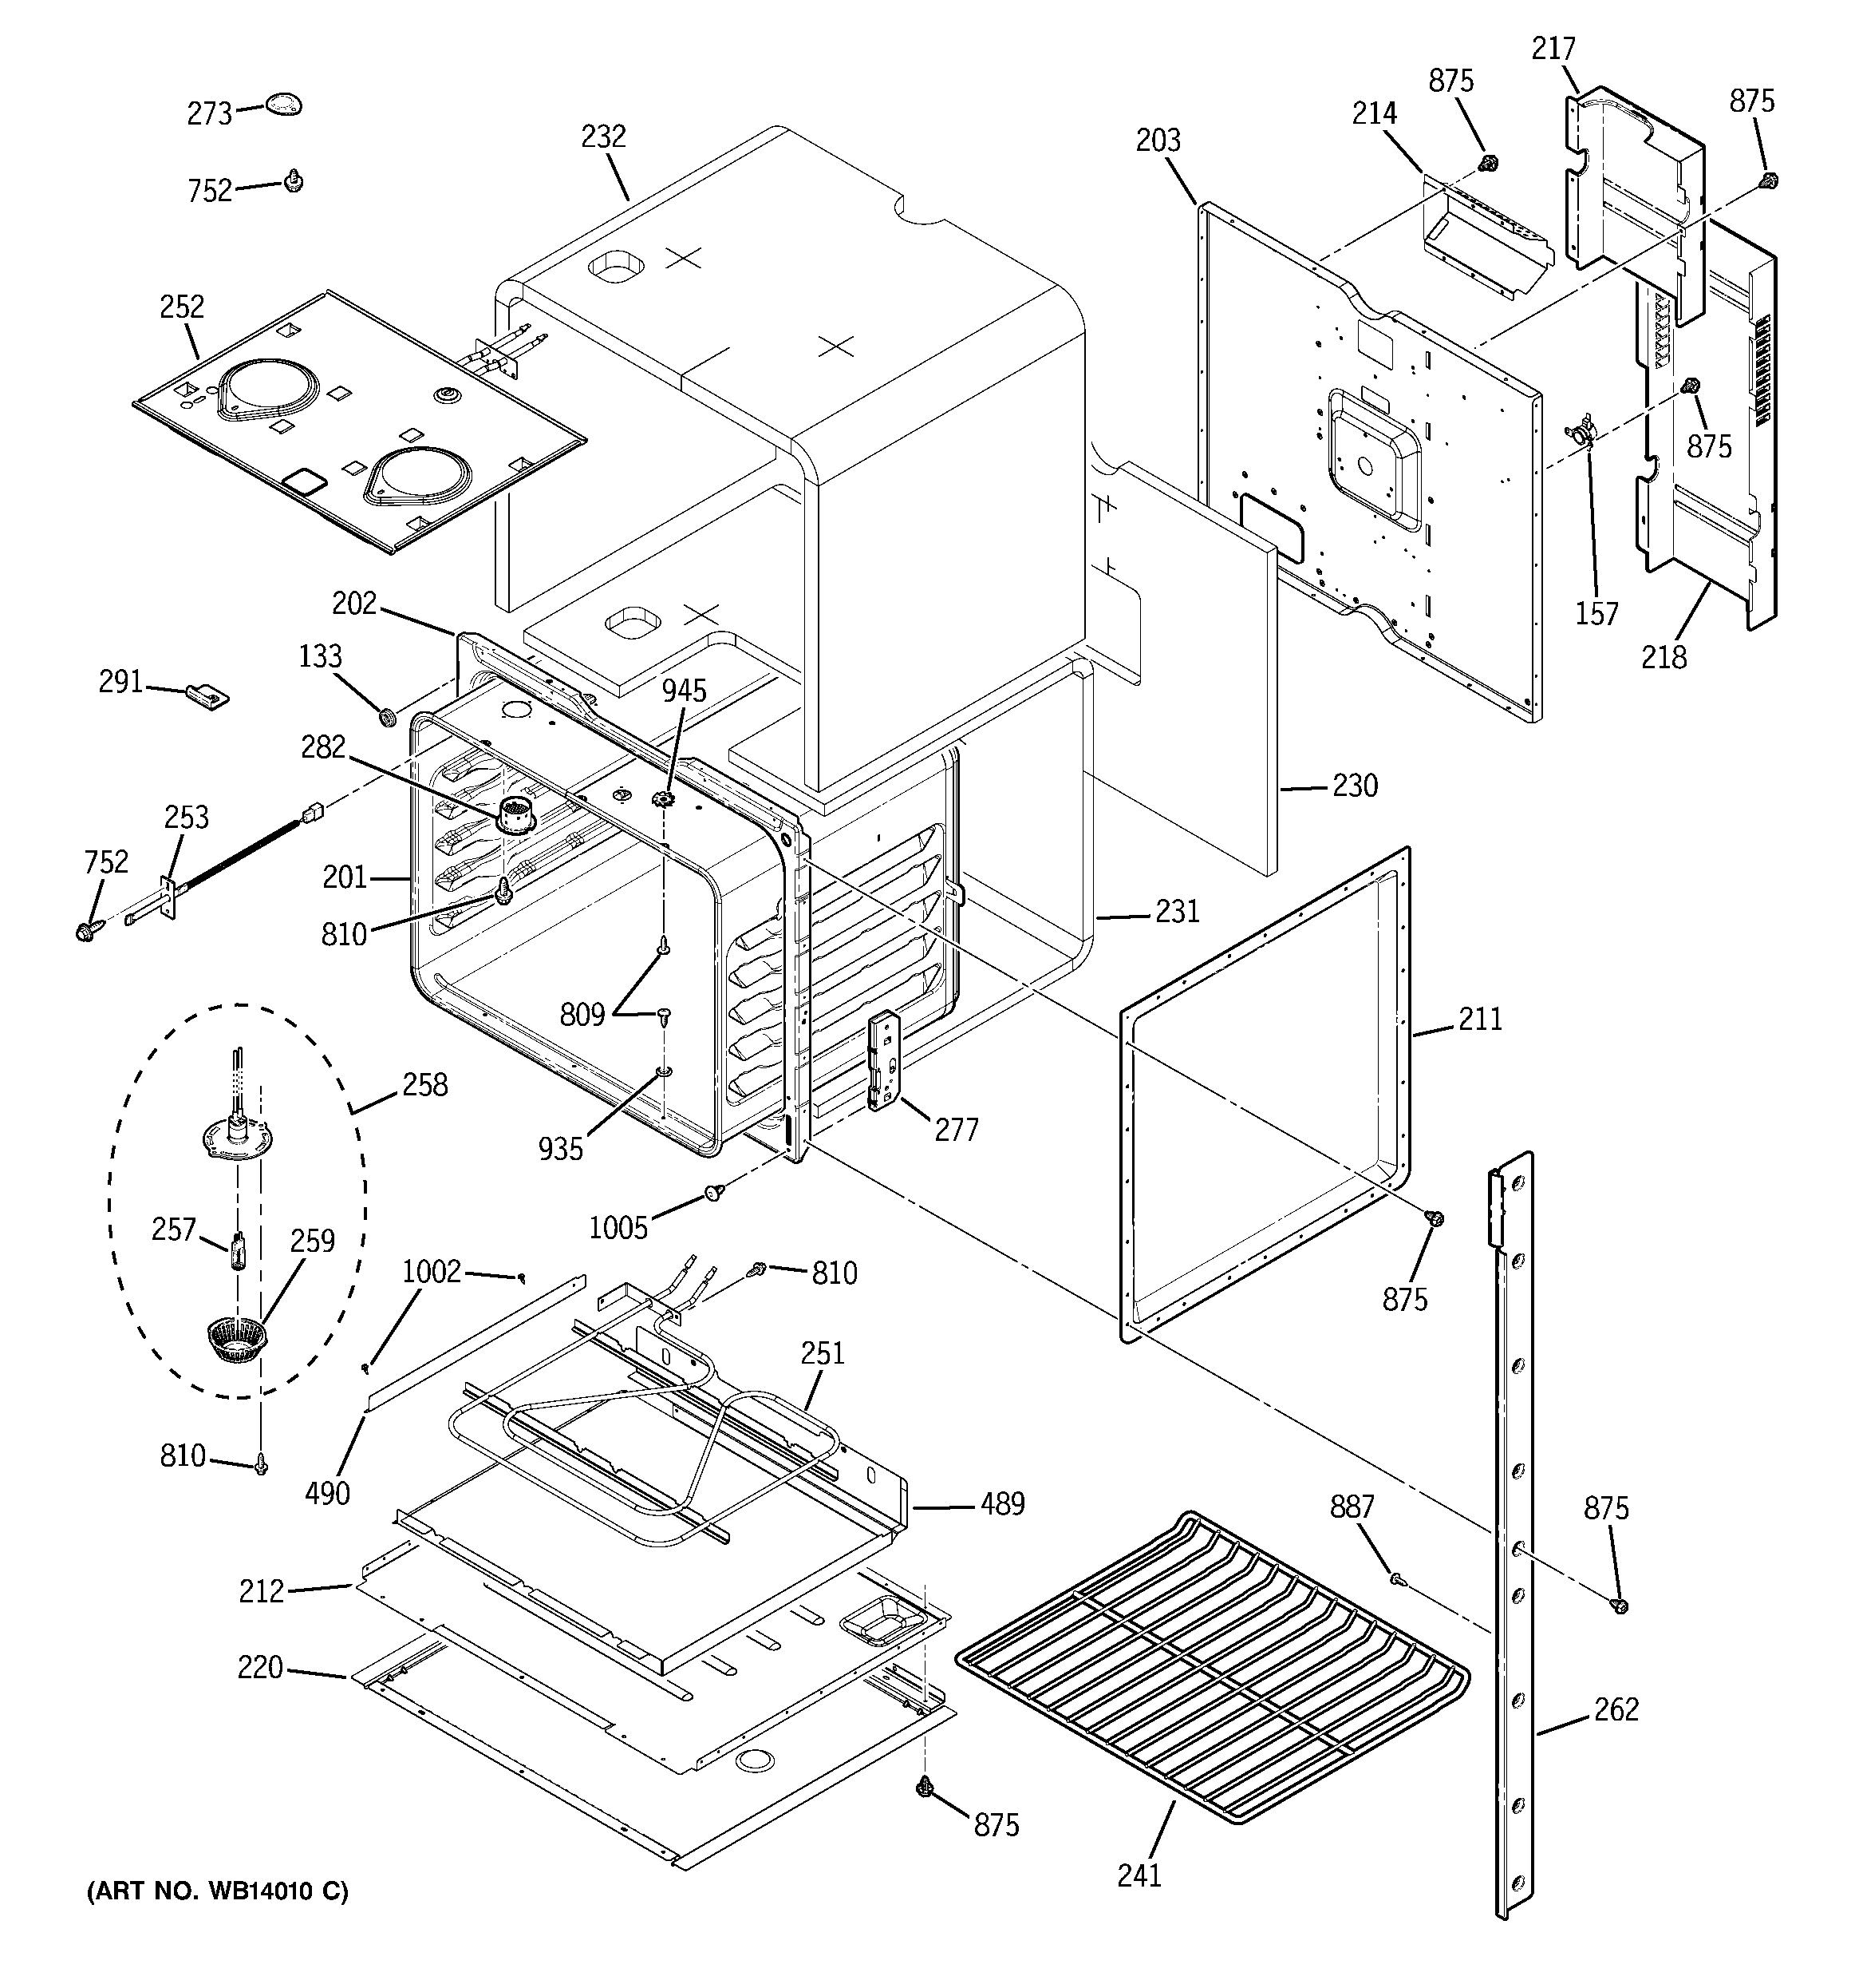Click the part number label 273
(209, 114)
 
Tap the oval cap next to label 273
(283, 105)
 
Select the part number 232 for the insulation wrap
(603, 137)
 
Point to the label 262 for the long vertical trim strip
(1616, 1709)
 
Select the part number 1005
(618, 1228)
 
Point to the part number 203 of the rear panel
(1158, 141)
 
